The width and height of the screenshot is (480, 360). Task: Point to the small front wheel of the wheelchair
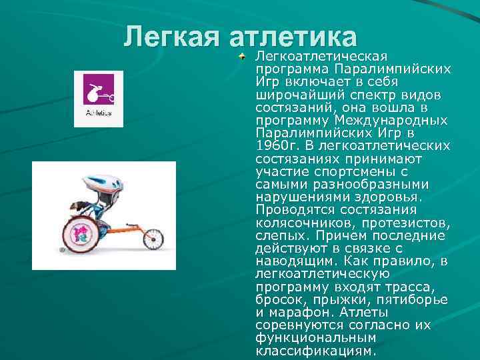[153, 238]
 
